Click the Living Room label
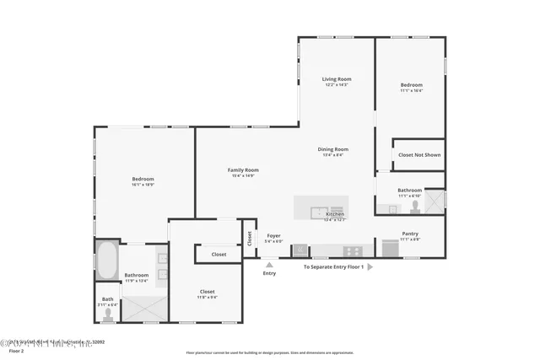[x=336, y=79]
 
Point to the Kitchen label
[x=335, y=214]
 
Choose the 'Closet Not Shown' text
[x=418, y=155]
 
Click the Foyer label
[x=273, y=236]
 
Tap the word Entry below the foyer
[x=269, y=273]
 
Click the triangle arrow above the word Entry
[x=269, y=263]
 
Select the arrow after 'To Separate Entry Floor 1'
[x=370, y=267]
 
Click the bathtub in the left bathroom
[x=106, y=261]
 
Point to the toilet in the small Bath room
[x=106, y=314]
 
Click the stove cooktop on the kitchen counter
[x=352, y=250]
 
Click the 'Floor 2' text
[x=16, y=351]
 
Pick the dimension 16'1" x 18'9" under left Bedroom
[x=143, y=185]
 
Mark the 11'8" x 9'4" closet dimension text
[x=208, y=297]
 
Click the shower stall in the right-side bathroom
[x=434, y=200]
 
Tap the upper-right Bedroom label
[x=411, y=85]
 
